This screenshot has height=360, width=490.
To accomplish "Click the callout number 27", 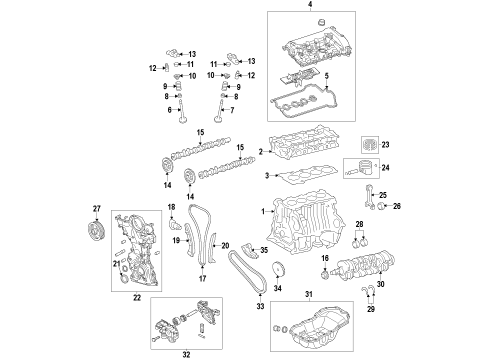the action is [96, 209].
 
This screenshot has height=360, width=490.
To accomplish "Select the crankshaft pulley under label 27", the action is [95, 230].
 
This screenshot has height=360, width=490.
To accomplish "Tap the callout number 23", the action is [385, 145].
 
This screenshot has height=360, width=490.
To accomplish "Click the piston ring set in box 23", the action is [370, 145].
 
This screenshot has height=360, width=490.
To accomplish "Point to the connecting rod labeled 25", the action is [371, 197].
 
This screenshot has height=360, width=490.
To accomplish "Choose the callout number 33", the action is [260, 306].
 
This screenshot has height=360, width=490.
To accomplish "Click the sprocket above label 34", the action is [277, 269].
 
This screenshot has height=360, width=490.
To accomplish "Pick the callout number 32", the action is [186, 354].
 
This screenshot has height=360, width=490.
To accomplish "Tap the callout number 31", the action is [309, 294].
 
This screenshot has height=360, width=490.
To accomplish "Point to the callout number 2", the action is [261, 152].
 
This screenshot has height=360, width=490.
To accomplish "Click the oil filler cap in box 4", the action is [321, 23].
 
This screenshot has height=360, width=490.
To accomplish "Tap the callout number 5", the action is [327, 76].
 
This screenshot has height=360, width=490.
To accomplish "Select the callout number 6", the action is [170, 110].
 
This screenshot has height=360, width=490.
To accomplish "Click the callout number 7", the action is [232, 110].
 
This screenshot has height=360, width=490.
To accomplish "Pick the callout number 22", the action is [137, 298].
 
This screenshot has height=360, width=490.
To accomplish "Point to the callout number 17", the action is [202, 278].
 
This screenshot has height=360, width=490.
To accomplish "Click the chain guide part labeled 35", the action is [249, 251].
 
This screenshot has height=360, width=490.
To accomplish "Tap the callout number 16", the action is [325, 258].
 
